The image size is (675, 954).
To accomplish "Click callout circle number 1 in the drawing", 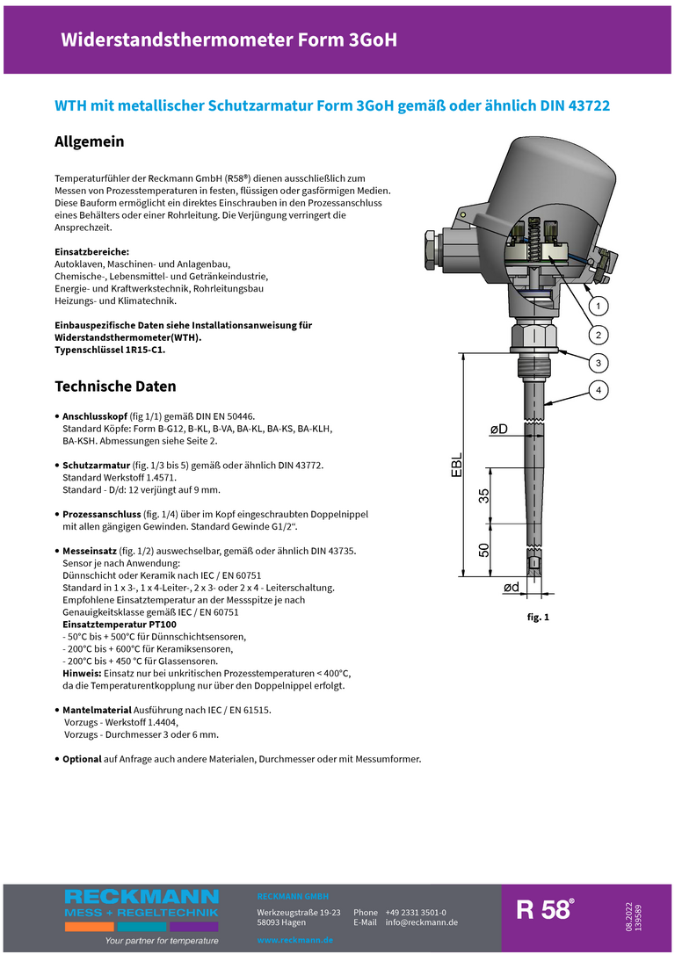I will tap(597, 306).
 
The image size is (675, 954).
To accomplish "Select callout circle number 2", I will tap(597, 335).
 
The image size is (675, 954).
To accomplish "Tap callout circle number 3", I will tap(597, 363).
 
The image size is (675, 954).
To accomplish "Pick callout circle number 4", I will tap(597, 389).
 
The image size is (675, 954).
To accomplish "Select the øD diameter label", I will tap(498, 429).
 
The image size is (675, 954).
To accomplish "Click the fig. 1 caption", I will tap(538, 618).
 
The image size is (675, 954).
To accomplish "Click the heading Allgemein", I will tap(89, 141).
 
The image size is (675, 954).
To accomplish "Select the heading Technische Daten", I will tap(115, 387).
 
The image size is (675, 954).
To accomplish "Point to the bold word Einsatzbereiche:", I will tap(91, 251).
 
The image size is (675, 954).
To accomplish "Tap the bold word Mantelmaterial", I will tap(97, 709).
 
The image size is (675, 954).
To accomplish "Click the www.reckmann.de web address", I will tap(294, 940).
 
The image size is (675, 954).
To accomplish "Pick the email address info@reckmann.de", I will tap(421, 922).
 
